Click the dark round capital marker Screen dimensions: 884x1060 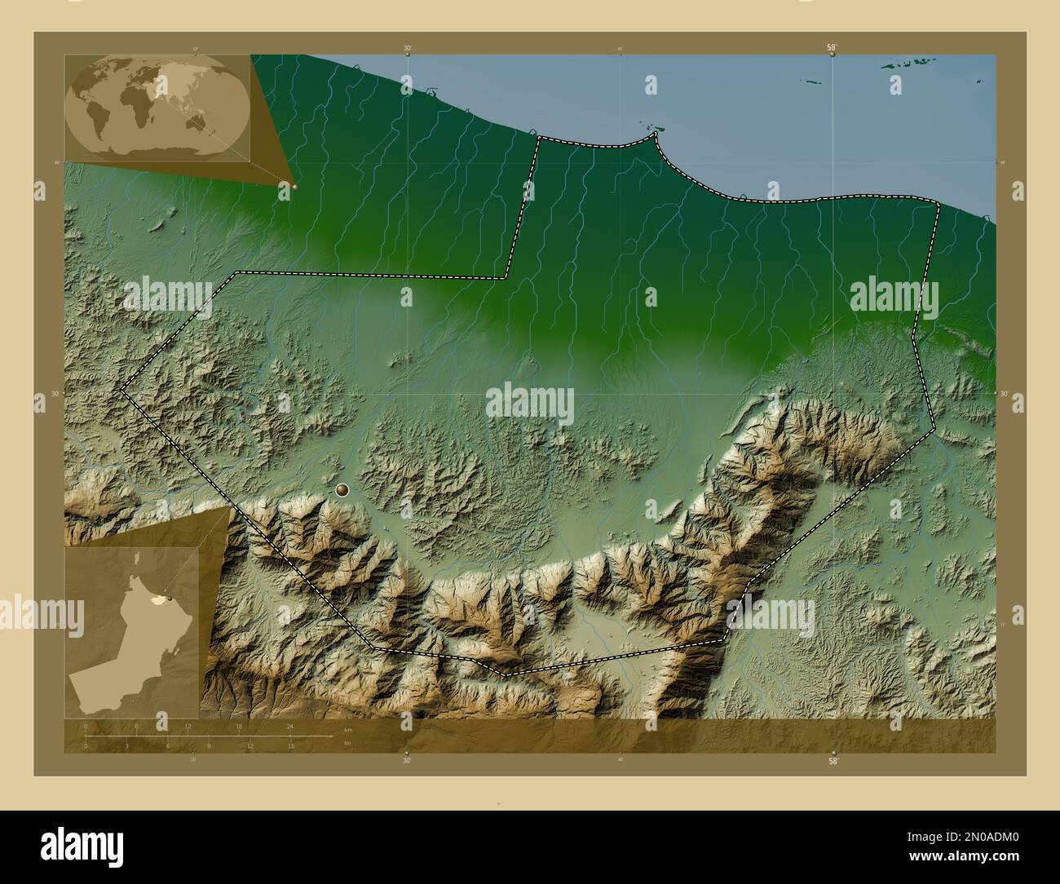click(342, 490)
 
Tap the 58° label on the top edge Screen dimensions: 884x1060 click(832, 48)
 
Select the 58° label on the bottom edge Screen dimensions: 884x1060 click(833, 761)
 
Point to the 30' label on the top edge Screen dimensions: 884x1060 click(408, 48)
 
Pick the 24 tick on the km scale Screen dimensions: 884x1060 click(290, 725)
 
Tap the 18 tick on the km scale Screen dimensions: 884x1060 click(239, 725)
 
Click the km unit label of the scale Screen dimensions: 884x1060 click(348, 730)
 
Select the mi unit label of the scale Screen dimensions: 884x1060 click(347, 743)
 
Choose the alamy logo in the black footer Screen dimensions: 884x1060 click(75, 846)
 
